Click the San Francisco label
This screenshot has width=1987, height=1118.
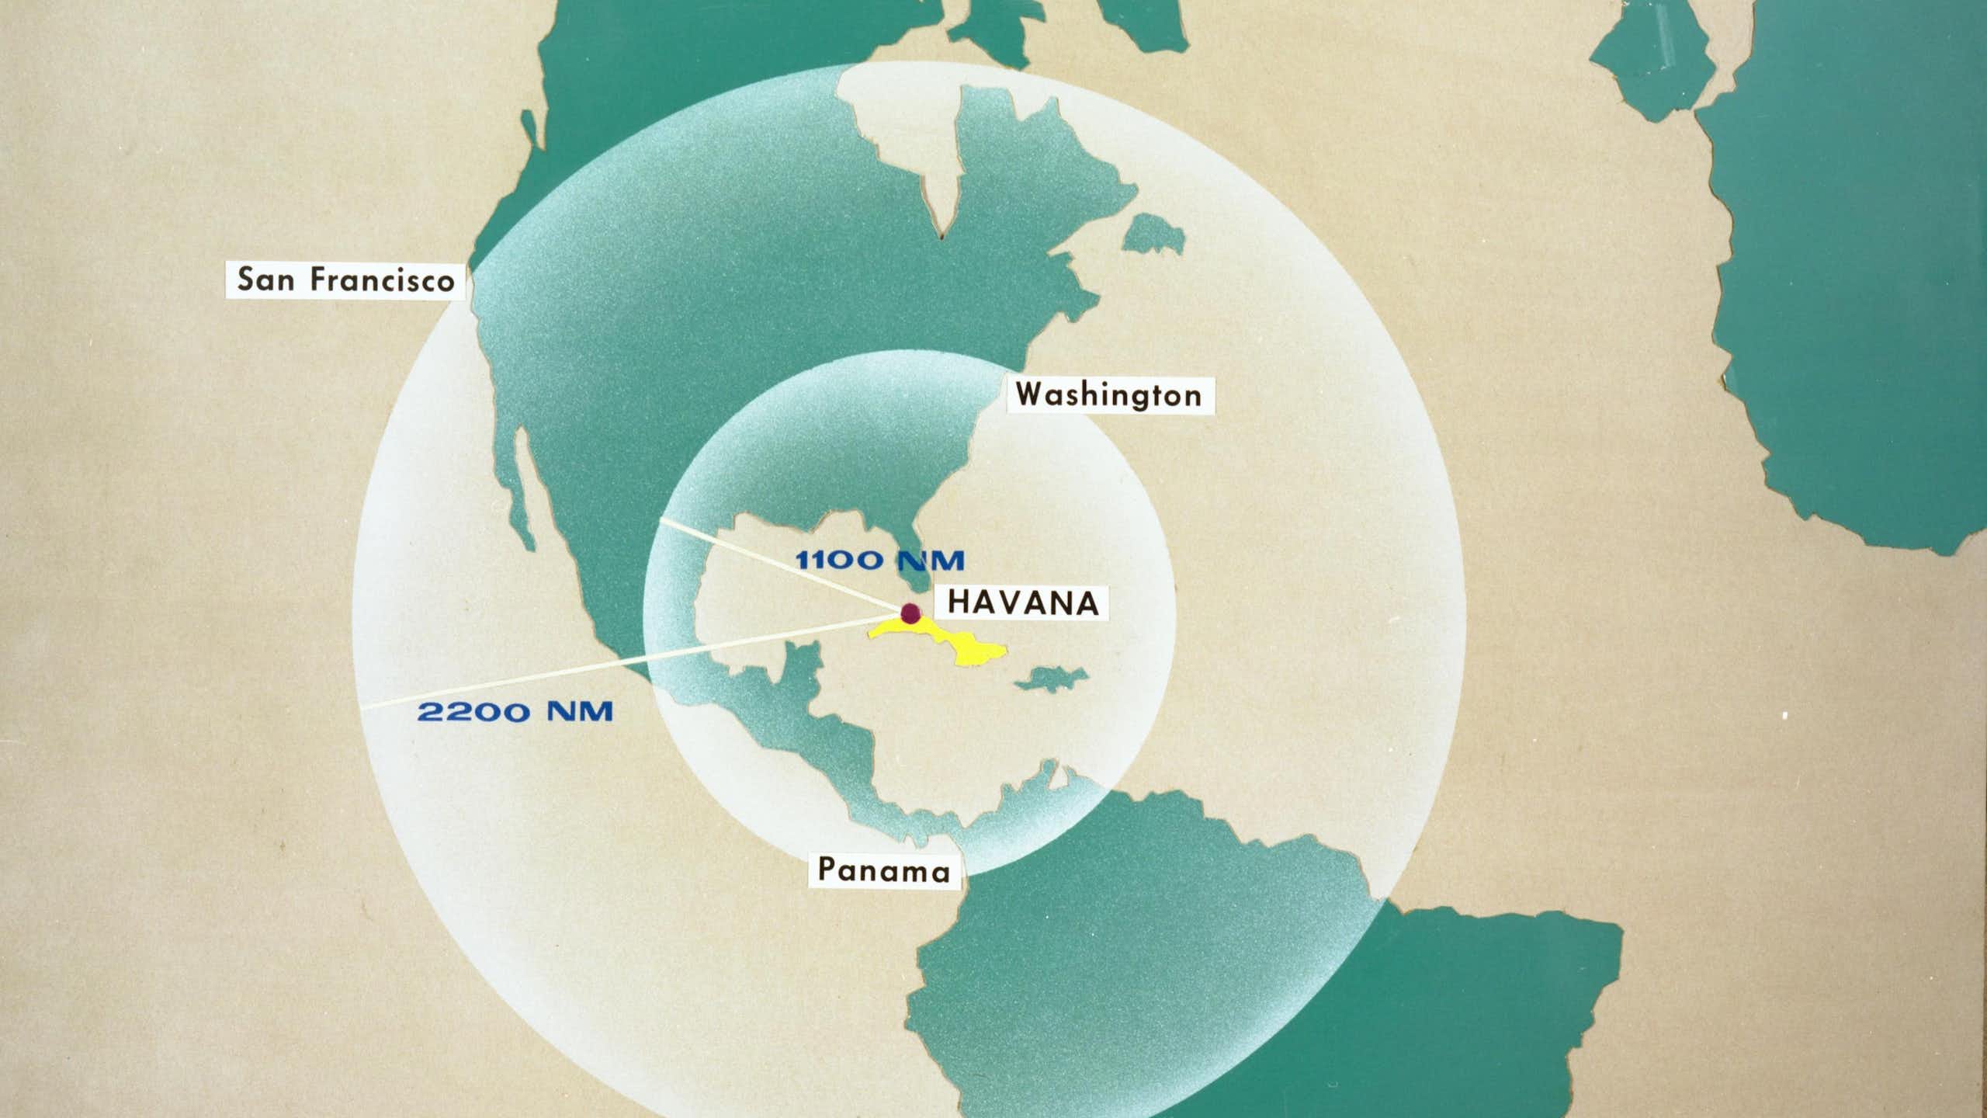346,279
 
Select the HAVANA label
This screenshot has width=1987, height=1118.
1024,602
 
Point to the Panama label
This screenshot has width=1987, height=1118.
884,870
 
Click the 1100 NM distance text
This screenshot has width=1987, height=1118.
879,560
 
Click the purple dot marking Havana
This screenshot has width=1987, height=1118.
910,613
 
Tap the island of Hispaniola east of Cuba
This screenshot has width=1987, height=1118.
1049,677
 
